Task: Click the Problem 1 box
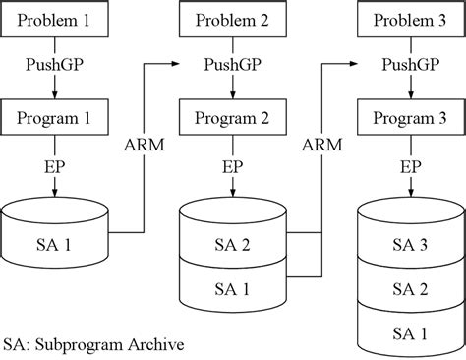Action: click(x=55, y=20)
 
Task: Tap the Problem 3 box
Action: click(x=410, y=20)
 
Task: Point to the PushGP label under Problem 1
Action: click(x=55, y=67)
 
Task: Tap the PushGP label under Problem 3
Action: click(x=410, y=67)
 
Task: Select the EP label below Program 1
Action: click(x=55, y=168)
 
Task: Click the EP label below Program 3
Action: click(x=410, y=168)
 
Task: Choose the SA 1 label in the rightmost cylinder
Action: click(x=410, y=333)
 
